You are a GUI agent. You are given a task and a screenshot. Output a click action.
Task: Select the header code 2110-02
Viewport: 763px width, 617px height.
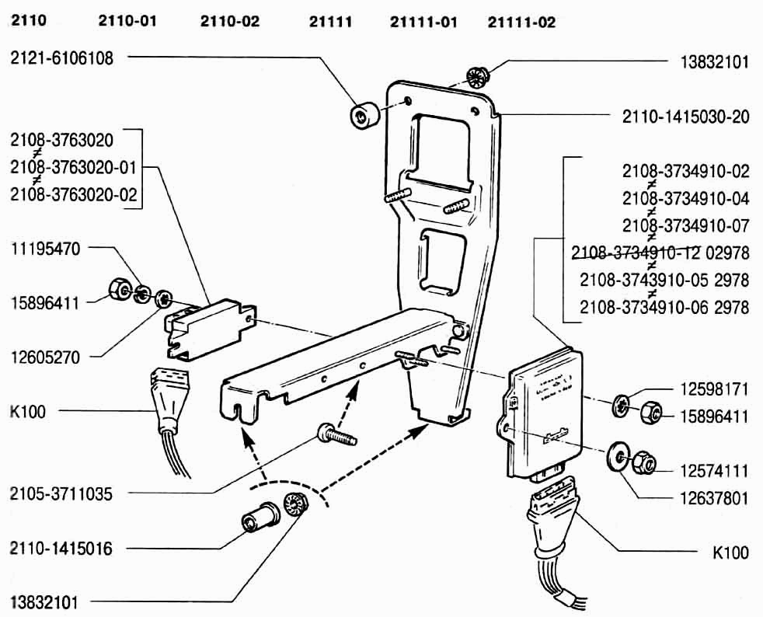pyautogui.click(x=229, y=21)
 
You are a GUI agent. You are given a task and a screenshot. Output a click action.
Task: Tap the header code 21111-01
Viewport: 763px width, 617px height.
pyautogui.click(x=423, y=22)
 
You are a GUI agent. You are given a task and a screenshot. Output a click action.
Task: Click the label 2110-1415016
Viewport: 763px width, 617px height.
pyautogui.click(x=62, y=549)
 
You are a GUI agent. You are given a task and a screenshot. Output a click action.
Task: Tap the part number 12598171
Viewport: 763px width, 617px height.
pyautogui.click(x=707, y=386)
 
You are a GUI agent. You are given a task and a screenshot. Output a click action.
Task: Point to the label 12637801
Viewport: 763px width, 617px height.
pyautogui.click(x=707, y=498)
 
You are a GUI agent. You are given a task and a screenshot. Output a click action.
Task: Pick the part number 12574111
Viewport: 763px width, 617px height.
pyautogui.click(x=707, y=470)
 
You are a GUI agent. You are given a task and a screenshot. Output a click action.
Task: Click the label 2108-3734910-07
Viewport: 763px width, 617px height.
pyautogui.click(x=685, y=225)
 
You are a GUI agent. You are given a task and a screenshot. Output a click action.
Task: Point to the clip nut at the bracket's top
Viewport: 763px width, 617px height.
pyautogui.click(x=477, y=77)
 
